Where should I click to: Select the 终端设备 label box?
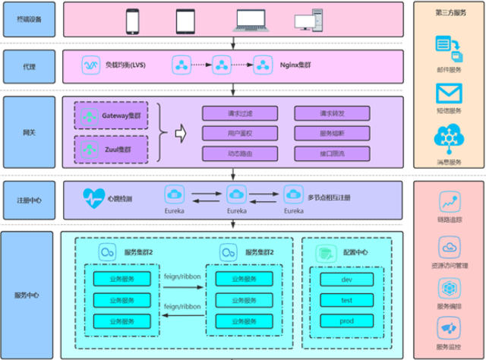(29, 20)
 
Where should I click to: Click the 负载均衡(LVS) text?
(125, 65)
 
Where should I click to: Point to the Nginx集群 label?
(294, 65)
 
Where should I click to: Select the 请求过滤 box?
(239, 114)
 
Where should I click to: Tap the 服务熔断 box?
(332, 134)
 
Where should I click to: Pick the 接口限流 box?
(332, 153)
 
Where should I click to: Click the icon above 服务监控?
(449, 328)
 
